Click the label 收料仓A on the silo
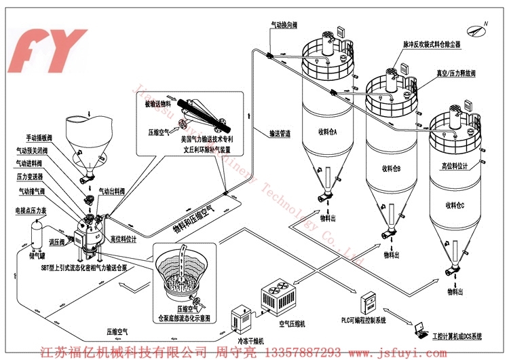[x=326, y=131]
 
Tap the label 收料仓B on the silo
[x=391, y=168]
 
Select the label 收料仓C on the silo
[x=455, y=204]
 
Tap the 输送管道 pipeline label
[x=280, y=134]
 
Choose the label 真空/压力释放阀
[x=455, y=73]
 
